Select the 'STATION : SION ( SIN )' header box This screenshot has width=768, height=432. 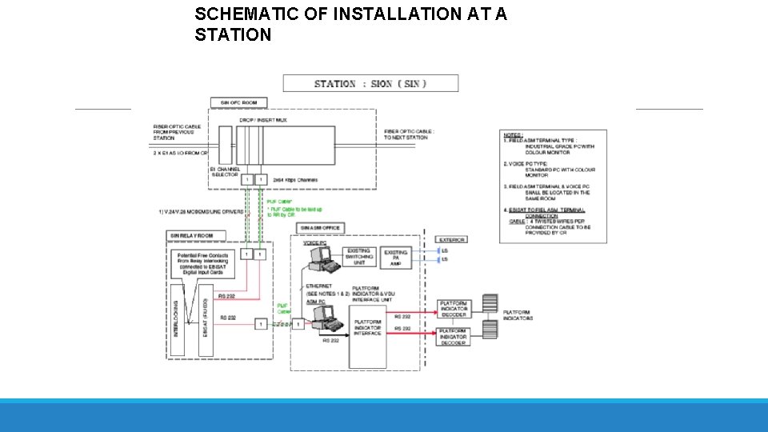coord(370,83)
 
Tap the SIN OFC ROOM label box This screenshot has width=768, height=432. coord(238,103)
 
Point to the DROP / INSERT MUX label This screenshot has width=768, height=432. coord(262,119)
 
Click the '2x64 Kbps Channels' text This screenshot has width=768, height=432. coord(295,180)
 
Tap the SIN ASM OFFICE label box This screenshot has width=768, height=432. coord(320,228)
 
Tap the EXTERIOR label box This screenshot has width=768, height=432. coord(452,239)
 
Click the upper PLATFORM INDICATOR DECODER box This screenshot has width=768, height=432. coord(453,309)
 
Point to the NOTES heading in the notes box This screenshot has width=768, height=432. coord(513,135)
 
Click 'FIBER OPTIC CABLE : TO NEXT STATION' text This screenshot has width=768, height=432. coord(410,134)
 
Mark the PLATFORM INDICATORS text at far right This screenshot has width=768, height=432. coord(518,318)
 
